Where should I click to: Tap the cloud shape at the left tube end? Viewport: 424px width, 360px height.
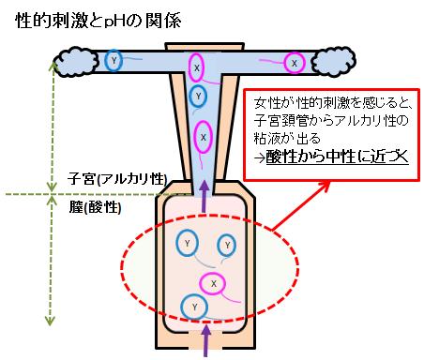[x=75, y=62]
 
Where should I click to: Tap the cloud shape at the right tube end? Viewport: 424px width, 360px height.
[x=334, y=62]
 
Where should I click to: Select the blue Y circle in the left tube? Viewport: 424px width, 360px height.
[x=114, y=61]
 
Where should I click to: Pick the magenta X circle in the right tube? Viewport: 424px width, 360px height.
[x=295, y=63]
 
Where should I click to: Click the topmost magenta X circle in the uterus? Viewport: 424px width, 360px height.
[x=197, y=67]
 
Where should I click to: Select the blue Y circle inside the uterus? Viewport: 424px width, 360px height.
[x=198, y=97]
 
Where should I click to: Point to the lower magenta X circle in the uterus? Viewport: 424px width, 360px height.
[x=204, y=137]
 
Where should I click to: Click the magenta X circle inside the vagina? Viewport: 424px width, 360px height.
[x=213, y=283]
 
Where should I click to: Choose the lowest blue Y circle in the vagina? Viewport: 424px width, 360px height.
[x=195, y=307]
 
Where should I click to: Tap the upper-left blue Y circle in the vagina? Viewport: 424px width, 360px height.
[x=187, y=243]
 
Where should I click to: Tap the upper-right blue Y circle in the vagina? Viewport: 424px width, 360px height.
[x=227, y=245]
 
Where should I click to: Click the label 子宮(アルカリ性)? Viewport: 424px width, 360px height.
[x=117, y=179]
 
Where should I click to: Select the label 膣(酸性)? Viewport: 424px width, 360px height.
[x=95, y=206]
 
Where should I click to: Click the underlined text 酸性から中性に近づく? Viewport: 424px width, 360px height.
[x=337, y=157]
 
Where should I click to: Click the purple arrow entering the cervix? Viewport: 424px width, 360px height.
[x=204, y=196]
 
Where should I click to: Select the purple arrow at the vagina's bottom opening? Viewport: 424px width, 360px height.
[x=205, y=340]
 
